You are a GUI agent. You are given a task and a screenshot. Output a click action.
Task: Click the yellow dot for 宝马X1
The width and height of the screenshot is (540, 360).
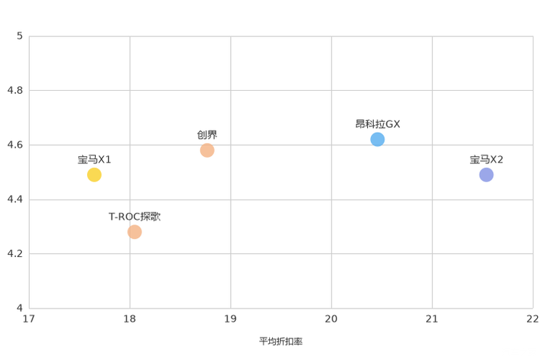pyautogui.click(x=94, y=175)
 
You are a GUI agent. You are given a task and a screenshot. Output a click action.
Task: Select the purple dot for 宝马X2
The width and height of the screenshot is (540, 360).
pyautogui.click(x=486, y=175)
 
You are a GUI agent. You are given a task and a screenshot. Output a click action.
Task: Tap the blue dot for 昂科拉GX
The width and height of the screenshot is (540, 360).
pyautogui.click(x=377, y=139)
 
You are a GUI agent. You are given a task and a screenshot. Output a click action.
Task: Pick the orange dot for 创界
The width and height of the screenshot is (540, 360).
pyautogui.click(x=207, y=150)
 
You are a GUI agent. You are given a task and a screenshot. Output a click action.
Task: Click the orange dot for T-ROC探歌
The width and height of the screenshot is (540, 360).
pyautogui.click(x=134, y=232)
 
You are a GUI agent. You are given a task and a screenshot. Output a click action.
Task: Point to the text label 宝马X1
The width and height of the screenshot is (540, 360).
pyautogui.click(x=94, y=160)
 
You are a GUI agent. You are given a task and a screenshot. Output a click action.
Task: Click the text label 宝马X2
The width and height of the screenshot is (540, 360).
pyautogui.click(x=486, y=160)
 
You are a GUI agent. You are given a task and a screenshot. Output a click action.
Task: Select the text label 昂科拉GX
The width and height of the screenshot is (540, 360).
pyautogui.click(x=377, y=124)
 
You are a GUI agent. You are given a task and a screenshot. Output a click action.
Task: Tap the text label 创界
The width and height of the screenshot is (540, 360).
pyautogui.click(x=207, y=135)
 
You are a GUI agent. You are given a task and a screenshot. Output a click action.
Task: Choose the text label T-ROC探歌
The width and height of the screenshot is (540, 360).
pyautogui.click(x=134, y=217)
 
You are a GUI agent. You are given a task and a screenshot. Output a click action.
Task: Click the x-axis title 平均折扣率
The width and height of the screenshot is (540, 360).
pyautogui.click(x=281, y=341)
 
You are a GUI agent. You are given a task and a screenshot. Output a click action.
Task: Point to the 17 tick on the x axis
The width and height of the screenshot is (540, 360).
pyautogui.click(x=28, y=319)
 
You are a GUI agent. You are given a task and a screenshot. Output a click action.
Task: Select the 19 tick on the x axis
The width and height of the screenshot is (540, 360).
pyautogui.click(x=230, y=319)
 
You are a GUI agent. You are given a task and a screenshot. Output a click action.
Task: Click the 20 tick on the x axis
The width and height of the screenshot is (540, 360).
pyautogui.click(x=331, y=319)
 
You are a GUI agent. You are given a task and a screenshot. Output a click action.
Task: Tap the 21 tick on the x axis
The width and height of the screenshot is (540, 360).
pyautogui.click(x=432, y=319)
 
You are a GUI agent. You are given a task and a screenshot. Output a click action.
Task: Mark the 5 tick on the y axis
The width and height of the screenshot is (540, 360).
pyautogui.click(x=20, y=36)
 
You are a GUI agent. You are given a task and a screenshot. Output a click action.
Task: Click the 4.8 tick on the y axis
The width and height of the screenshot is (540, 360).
pyautogui.click(x=15, y=90)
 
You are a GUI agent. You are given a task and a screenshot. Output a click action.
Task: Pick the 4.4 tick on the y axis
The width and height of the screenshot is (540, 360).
pyautogui.click(x=15, y=200)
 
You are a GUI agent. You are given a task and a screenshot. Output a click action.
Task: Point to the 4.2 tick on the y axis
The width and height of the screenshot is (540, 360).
pyautogui.click(x=15, y=253)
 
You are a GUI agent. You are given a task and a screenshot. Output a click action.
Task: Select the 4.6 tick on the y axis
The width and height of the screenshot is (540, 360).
pyautogui.click(x=15, y=144)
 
